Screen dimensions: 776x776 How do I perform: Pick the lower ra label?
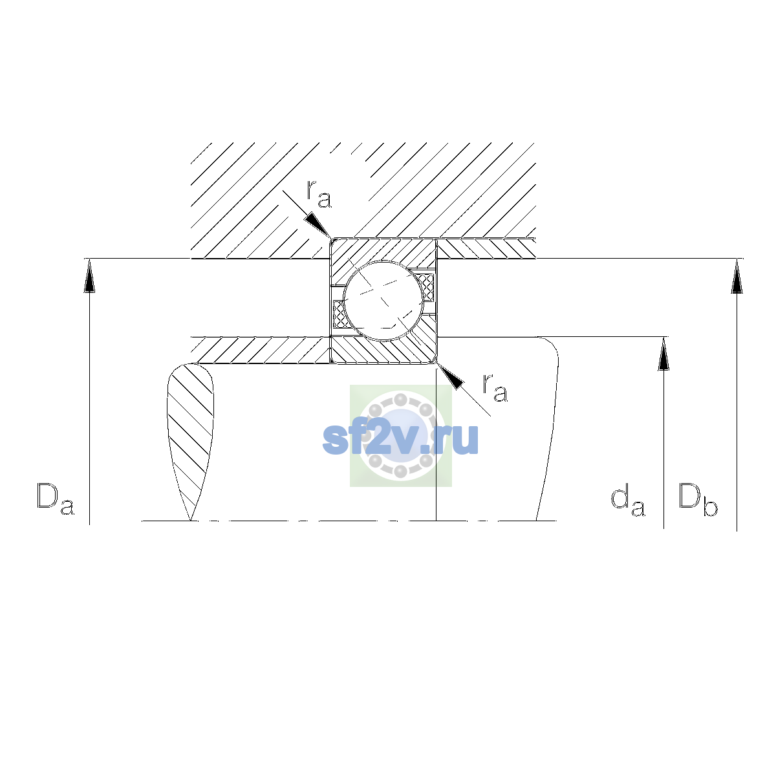point(495,388)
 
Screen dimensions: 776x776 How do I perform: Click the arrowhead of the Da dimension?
point(89,276)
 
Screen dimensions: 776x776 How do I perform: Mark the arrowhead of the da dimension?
point(663,354)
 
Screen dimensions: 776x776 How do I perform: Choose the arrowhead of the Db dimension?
point(737,276)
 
